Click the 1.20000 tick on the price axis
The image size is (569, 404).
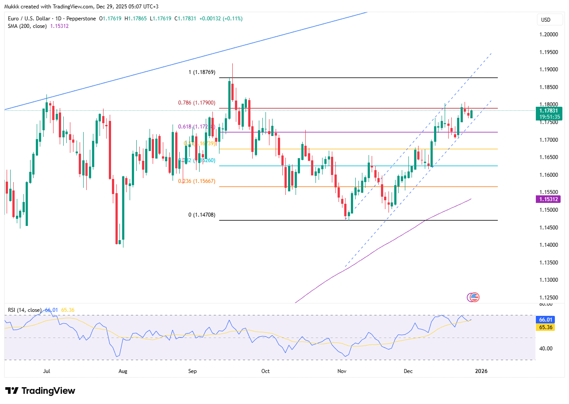(x=548, y=35)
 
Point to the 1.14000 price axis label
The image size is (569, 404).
(x=548, y=245)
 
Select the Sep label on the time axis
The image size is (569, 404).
(x=192, y=371)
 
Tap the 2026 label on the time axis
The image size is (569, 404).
(x=481, y=371)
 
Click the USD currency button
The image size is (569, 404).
(x=546, y=20)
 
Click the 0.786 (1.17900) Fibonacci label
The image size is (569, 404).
(x=196, y=103)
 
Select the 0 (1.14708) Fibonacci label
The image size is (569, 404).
(x=202, y=215)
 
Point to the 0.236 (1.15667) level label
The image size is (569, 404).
(x=196, y=181)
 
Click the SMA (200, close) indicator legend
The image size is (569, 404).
(x=38, y=26)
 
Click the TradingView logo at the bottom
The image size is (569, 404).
(x=40, y=391)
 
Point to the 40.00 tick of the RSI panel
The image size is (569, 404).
(x=546, y=348)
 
